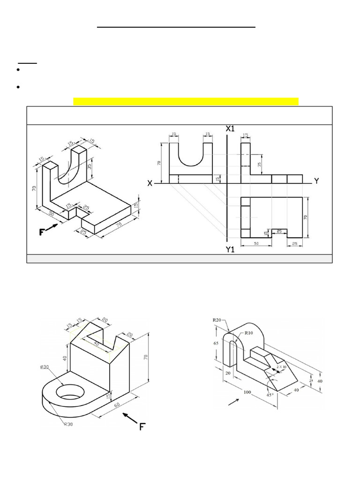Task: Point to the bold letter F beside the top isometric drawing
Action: pos(43,231)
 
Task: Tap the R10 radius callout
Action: pos(249,333)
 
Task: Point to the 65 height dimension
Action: pos(217,343)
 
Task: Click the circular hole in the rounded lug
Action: pos(68,392)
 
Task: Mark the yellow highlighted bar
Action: pos(186,102)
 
